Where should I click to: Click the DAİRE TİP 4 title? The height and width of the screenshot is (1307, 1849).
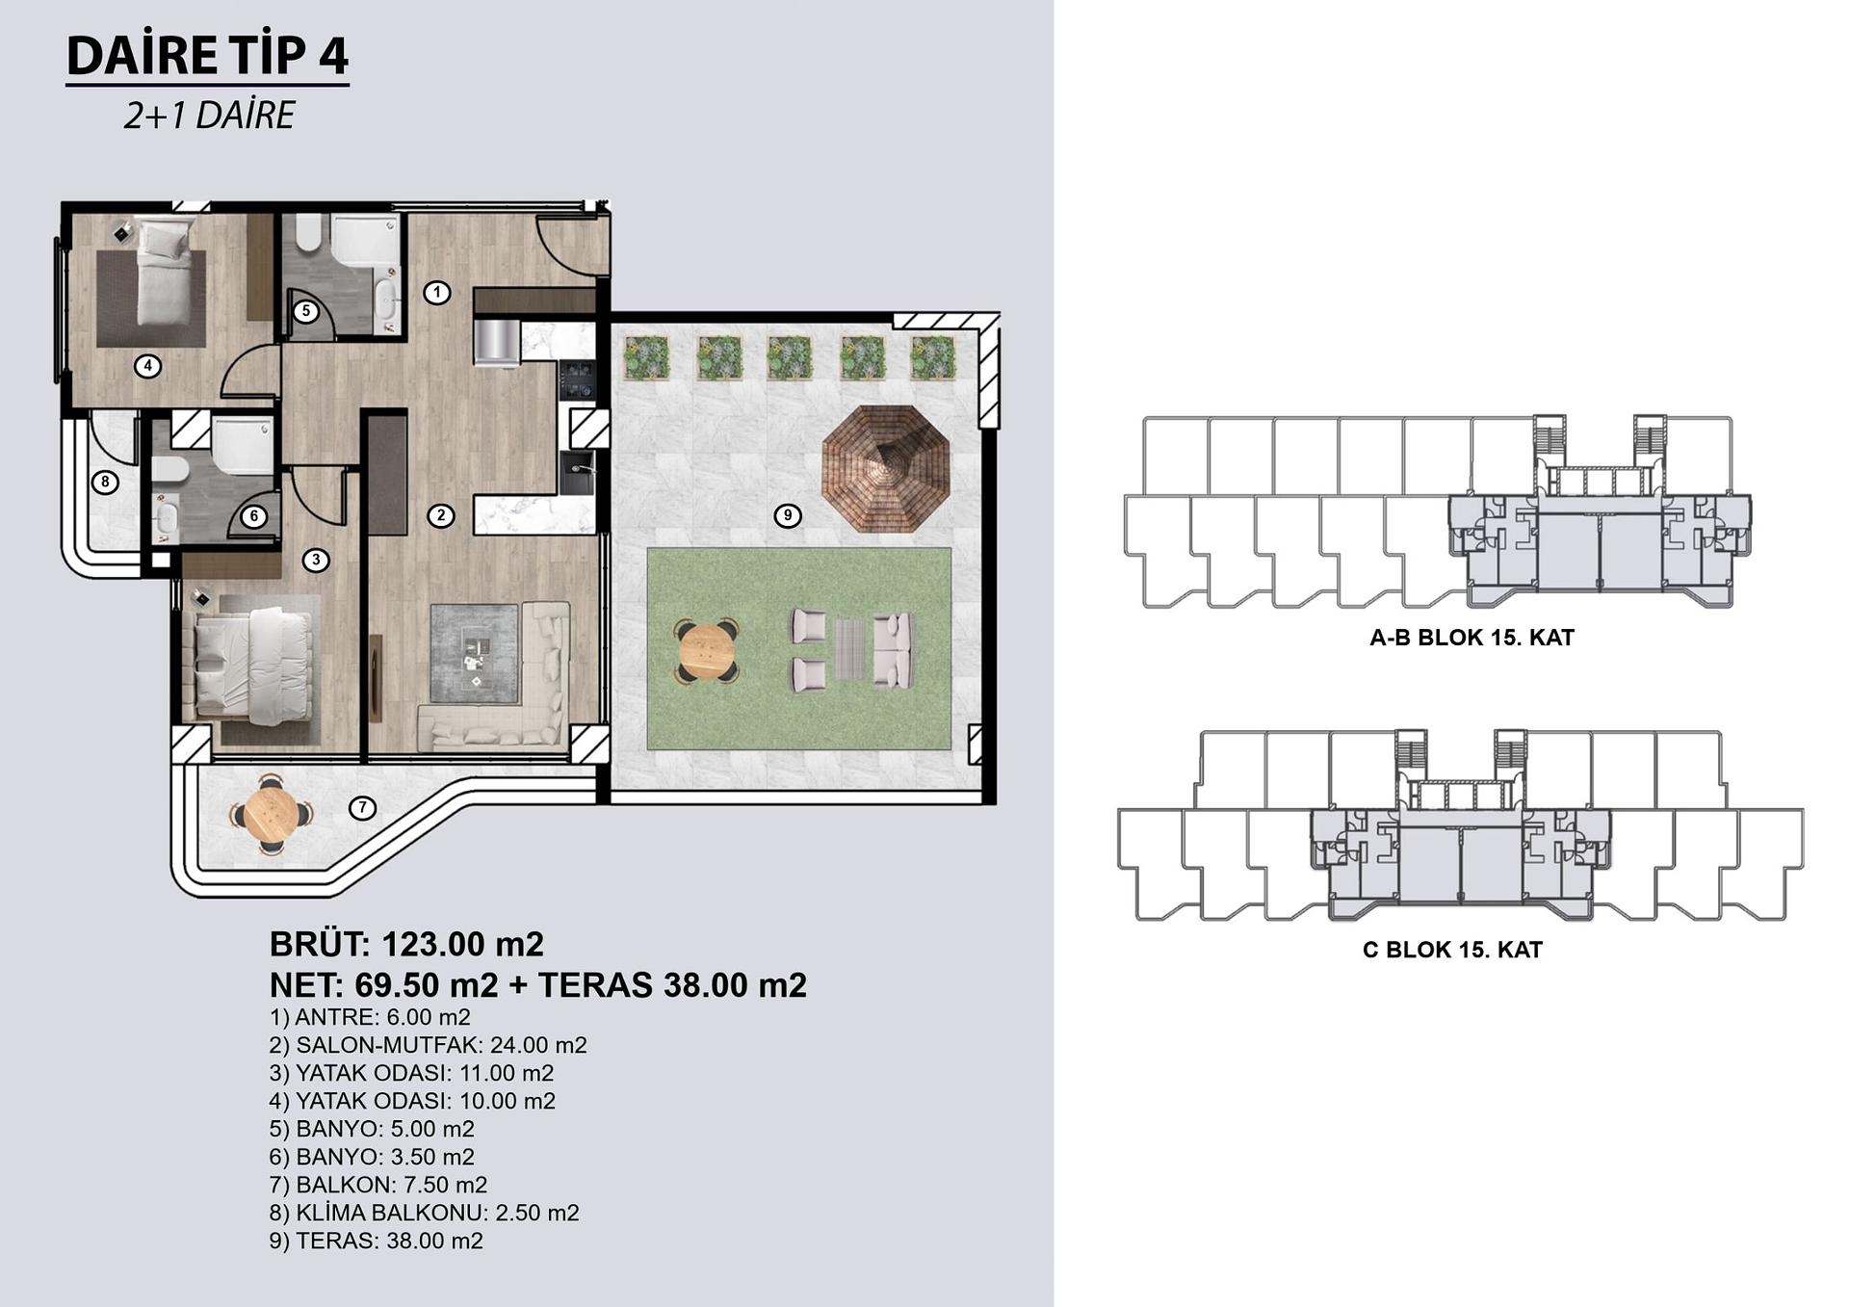207,55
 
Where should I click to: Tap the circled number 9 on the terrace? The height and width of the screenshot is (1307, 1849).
788,515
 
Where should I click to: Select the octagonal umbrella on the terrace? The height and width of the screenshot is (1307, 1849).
886,468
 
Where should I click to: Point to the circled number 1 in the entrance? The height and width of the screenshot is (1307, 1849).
437,292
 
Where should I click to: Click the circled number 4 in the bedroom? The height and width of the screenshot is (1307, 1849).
147,366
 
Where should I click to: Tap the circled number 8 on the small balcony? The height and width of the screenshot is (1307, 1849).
105,482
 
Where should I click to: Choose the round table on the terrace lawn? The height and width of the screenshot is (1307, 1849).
706,651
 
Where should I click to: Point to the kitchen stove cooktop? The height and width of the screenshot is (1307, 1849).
578,379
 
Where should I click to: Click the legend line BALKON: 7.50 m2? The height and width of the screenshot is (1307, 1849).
378,1185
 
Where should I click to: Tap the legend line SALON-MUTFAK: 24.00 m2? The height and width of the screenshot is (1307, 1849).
429,1045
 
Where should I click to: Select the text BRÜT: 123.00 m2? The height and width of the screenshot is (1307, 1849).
406,944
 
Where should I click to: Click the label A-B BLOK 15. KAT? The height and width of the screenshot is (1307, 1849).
1471,638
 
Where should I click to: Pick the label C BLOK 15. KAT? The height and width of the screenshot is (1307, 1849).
1452,950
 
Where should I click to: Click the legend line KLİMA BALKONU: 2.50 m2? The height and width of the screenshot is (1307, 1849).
425,1213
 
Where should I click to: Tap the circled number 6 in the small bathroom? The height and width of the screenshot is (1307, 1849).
254,516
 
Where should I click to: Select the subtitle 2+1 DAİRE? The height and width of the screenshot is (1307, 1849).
209,116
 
